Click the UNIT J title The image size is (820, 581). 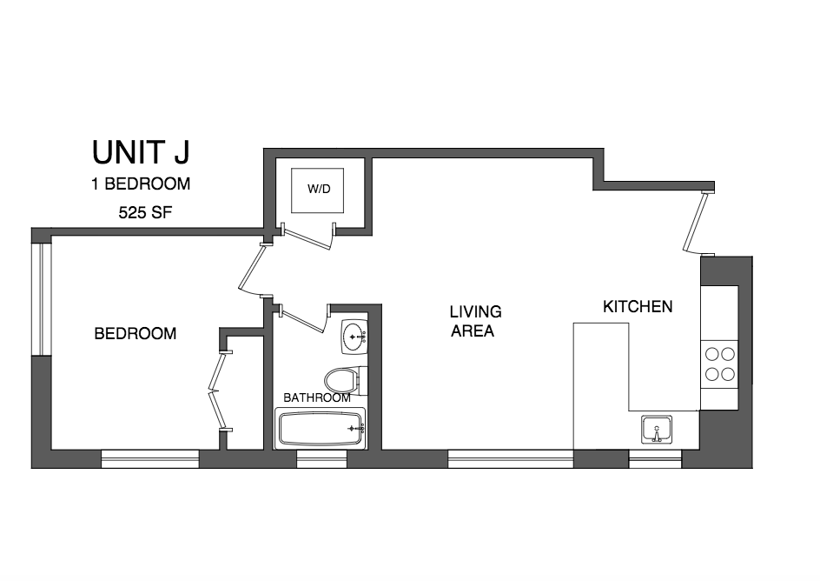[141, 153]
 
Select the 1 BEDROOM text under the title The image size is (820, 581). [141, 184]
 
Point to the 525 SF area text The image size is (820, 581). [141, 211]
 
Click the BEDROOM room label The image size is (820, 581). [135, 333]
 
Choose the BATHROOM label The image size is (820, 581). [317, 397]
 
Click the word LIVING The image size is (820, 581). [475, 311]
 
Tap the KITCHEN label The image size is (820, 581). [638, 307]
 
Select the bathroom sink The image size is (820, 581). [354, 336]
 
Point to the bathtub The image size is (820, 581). [320, 429]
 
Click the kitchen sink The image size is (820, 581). [657, 429]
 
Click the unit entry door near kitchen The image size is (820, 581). [696, 223]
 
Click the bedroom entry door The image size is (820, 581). [249, 270]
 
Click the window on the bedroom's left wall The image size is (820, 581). [37, 298]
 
